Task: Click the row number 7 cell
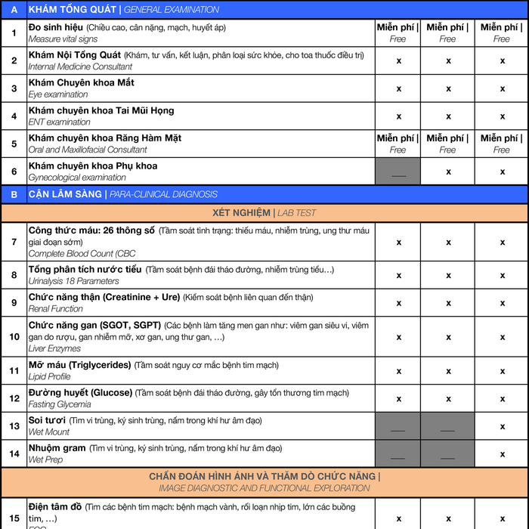click(14, 241)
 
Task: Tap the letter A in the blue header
click(14, 10)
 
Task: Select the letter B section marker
click(14, 194)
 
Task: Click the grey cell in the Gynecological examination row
click(398, 172)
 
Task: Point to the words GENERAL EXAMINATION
click(172, 10)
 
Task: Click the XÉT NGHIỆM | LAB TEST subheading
click(264, 213)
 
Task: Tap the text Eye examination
click(58, 94)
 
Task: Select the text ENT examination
click(59, 122)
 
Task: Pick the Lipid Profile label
click(49, 376)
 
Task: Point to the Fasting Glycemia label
click(59, 404)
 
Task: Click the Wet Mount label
click(49, 432)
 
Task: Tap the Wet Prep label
click(45, 459)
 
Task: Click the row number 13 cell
click(14, 426)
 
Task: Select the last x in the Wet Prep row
click(502, 453)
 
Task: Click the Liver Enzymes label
click(54, 348)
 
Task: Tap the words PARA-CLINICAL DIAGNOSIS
click(163, 194)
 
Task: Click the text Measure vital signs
click(63, 39)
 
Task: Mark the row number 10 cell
click(14, 336)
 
